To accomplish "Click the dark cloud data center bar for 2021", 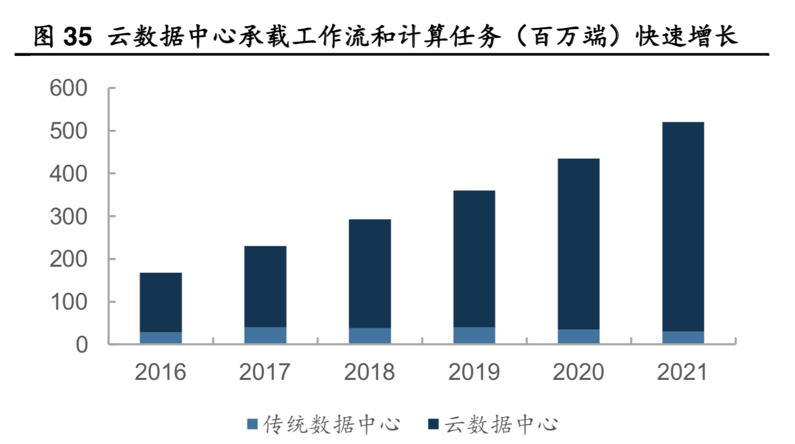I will point(683,226).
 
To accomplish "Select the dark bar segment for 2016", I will point(161,302).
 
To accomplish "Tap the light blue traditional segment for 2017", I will point(265,335).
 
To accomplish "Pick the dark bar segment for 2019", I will point(474,259).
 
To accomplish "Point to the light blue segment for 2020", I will point(578,336).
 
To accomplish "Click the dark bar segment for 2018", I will point(370,274).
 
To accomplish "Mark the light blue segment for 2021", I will point(683,337).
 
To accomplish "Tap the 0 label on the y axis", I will point(82,345).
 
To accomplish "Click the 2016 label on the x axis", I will point(161,372).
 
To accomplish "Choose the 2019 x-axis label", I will point(474,372).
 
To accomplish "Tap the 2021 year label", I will point(683,372).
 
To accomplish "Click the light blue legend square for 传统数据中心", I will point(252,425).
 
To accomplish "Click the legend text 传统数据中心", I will point(331,425).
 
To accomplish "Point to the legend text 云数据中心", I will point(501,425).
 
